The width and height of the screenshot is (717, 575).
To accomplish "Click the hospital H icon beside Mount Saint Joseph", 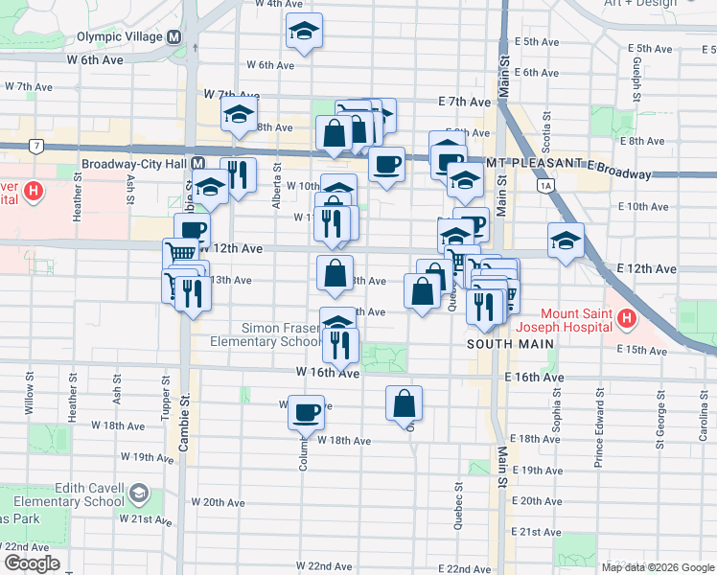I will pyautogui.click(x=627, y=317).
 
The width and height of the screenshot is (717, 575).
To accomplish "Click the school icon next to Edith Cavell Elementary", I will pyautogui.click(x=139, y=494).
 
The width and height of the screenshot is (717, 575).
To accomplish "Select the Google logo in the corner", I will pyautogui.click(x=32, y=563).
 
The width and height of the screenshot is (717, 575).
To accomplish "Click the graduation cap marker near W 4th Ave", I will pyautogui.click(x=304, y=31).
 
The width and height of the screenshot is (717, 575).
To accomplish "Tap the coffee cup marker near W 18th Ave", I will pyautogui.click(x=306, y=412).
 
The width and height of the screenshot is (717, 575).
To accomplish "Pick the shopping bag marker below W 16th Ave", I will pyautogui.click(x=405, y=403).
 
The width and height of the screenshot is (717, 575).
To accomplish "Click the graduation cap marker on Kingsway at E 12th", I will pyautogui.click(x=567, y=240).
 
